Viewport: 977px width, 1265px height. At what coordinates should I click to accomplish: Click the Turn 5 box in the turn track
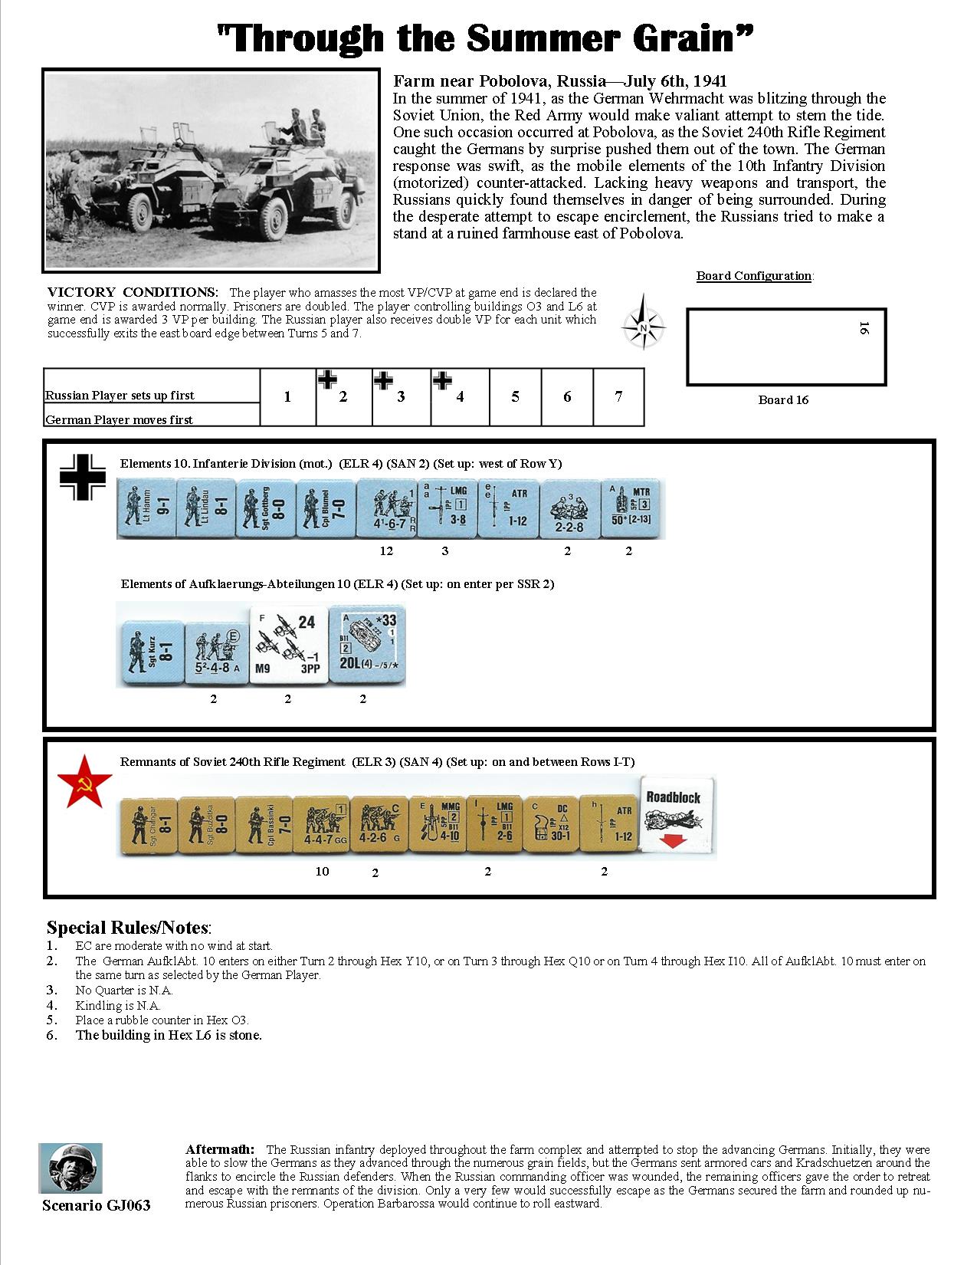[x=515, y=396]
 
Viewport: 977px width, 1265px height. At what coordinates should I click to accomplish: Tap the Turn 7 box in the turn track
[x=618, y=396]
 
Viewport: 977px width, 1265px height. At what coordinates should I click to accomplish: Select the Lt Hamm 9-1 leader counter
[x=146, y=508]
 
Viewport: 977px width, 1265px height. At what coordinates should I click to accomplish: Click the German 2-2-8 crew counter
[x=569, y=508]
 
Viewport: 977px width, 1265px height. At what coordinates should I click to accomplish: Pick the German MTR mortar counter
[x=629, y=508]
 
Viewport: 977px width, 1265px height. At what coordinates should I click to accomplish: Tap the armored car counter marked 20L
[x=366, y=645]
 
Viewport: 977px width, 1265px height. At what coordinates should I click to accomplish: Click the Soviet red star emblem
[x=85, y=780]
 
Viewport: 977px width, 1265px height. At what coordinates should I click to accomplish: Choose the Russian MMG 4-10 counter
[x=437, y=824]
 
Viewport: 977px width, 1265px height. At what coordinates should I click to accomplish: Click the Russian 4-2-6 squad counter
[x=379, y=824]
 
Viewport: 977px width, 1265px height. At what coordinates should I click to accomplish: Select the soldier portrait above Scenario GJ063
[x=70, y=1168]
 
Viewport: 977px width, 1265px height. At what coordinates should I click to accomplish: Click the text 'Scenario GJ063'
[x=97, y=1205]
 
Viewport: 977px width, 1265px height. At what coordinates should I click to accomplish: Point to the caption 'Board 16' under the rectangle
[x=783, y=399]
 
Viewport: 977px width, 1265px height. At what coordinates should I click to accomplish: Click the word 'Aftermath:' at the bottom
[x=221, y=1149]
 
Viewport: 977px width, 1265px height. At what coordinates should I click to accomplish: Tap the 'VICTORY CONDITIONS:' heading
[x=133, y=292]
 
